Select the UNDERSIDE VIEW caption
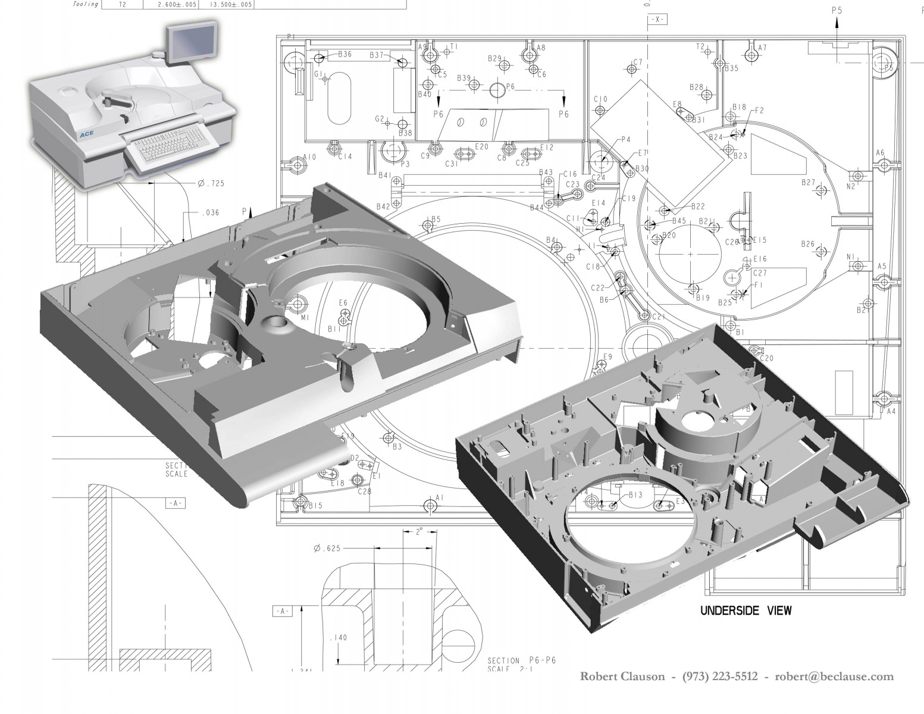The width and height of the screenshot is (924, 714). click(746, 610)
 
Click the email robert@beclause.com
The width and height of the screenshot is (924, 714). click(834, 676)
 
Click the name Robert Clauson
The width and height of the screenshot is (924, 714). click(622, 676)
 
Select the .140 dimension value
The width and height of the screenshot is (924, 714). click(338, 638)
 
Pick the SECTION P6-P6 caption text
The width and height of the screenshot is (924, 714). click(521, 660)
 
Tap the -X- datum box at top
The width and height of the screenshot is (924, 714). click(657, 20)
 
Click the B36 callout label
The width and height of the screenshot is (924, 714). click(344, 54)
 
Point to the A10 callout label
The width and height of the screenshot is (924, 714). click(309, 157)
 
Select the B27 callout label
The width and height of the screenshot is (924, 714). click(808, 182)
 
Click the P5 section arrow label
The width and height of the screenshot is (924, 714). click(837, 10)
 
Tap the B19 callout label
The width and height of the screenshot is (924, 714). click(703, 298)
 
